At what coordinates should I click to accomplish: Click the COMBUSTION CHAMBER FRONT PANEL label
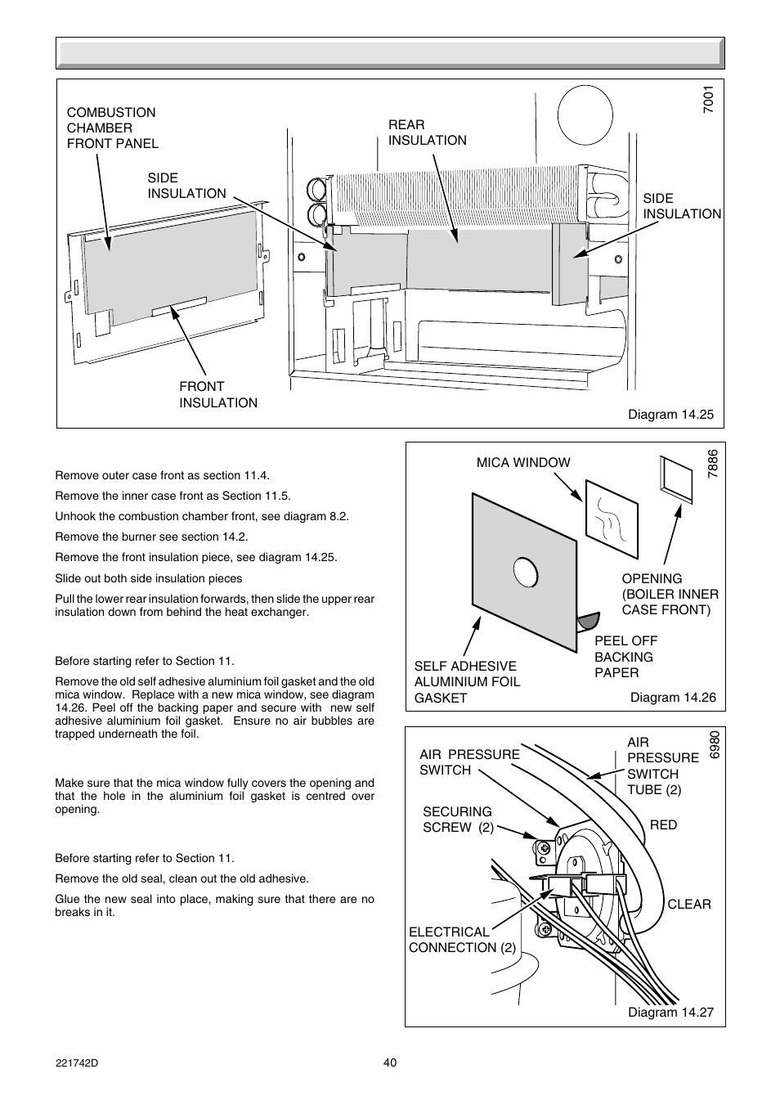click(x=112, y=128)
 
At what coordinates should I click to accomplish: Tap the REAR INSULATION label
click(x=427, y=133)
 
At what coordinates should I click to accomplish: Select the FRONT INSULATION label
click(x=217, y=394)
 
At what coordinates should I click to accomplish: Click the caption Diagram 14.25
click(x=670, y=414)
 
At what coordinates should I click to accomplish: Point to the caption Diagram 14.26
click(x=672, y=697)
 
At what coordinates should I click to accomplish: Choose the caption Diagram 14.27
click(x=670, y=1012)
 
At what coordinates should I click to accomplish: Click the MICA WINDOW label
click(x=523, y=462)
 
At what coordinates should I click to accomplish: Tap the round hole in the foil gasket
click(x=526, y=572)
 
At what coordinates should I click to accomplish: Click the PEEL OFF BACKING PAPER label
click(x=625, y=657)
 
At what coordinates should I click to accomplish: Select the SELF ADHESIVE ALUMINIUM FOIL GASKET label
click(x=467, y=682)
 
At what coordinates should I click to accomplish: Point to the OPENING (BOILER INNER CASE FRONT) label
click(x=670, y=594)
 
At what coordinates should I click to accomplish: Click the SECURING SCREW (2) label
click(x=458, y=819)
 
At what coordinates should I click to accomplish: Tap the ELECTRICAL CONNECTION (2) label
click(x=462, y=940)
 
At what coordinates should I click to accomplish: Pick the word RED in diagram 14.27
click(x=663, y=824)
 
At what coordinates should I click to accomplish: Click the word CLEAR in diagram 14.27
click(x=688, y=904)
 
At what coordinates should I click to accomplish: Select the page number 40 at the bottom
click(x=390, y=1062)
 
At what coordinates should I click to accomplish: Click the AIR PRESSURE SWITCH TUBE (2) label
click(x=662, y=766)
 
